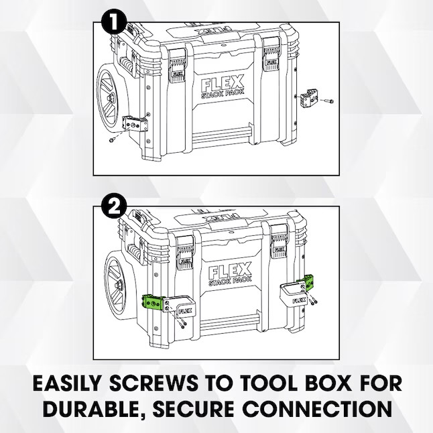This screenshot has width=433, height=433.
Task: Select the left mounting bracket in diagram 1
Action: click(x=133, y=125)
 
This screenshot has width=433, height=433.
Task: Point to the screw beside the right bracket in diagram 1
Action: click(x=328, y=101)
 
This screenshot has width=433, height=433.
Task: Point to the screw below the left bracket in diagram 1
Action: click(x=112, y=141)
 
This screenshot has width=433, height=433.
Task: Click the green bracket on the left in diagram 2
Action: click(x=153, y=303)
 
